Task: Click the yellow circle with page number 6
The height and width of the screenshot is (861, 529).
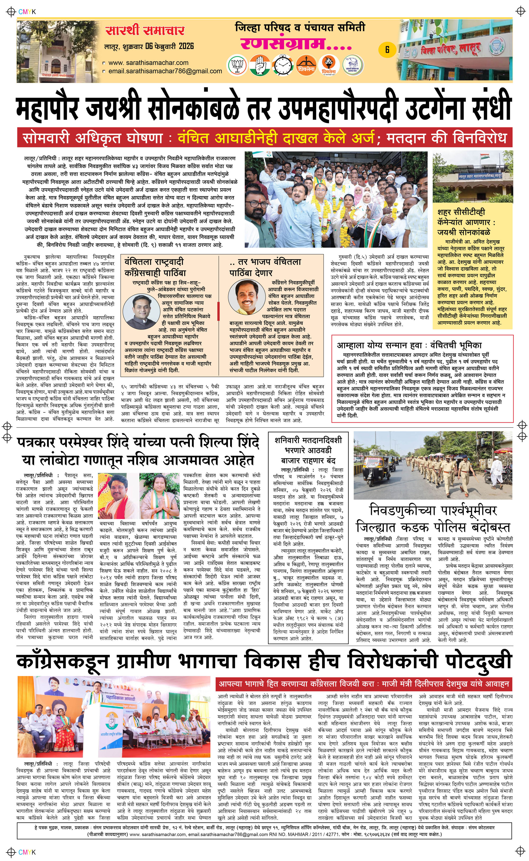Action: coord(387,49)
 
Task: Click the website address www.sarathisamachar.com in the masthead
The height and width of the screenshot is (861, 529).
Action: coord(148,63)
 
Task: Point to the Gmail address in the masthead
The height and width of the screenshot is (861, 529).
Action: coord(165,71)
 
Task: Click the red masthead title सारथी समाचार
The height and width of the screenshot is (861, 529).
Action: coord(145,31)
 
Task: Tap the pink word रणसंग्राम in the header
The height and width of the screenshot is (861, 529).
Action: coord(296,44)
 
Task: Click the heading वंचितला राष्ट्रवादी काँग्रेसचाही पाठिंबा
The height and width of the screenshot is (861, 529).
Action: coord(155,267)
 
